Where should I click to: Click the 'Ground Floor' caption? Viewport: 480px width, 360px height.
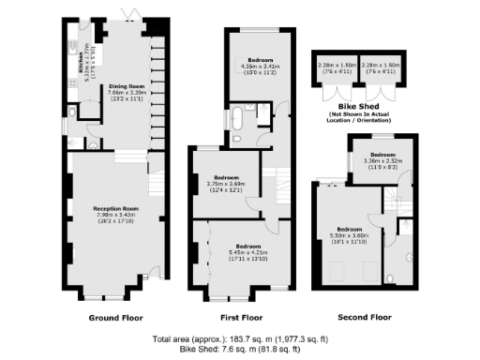point(115,318)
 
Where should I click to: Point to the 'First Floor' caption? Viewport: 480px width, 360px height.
point(243,318)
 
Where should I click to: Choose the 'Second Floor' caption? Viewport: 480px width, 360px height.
point(365,318)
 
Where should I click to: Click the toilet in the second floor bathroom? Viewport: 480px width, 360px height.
point(410,255)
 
